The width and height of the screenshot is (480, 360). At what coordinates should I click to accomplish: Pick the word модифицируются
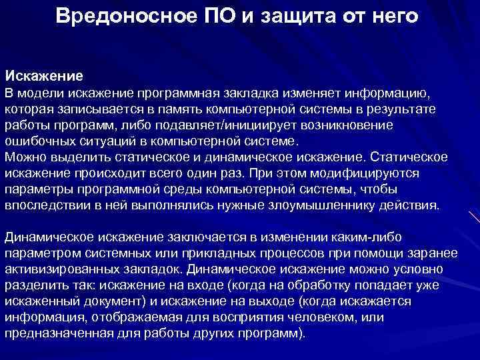[370, 173]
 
